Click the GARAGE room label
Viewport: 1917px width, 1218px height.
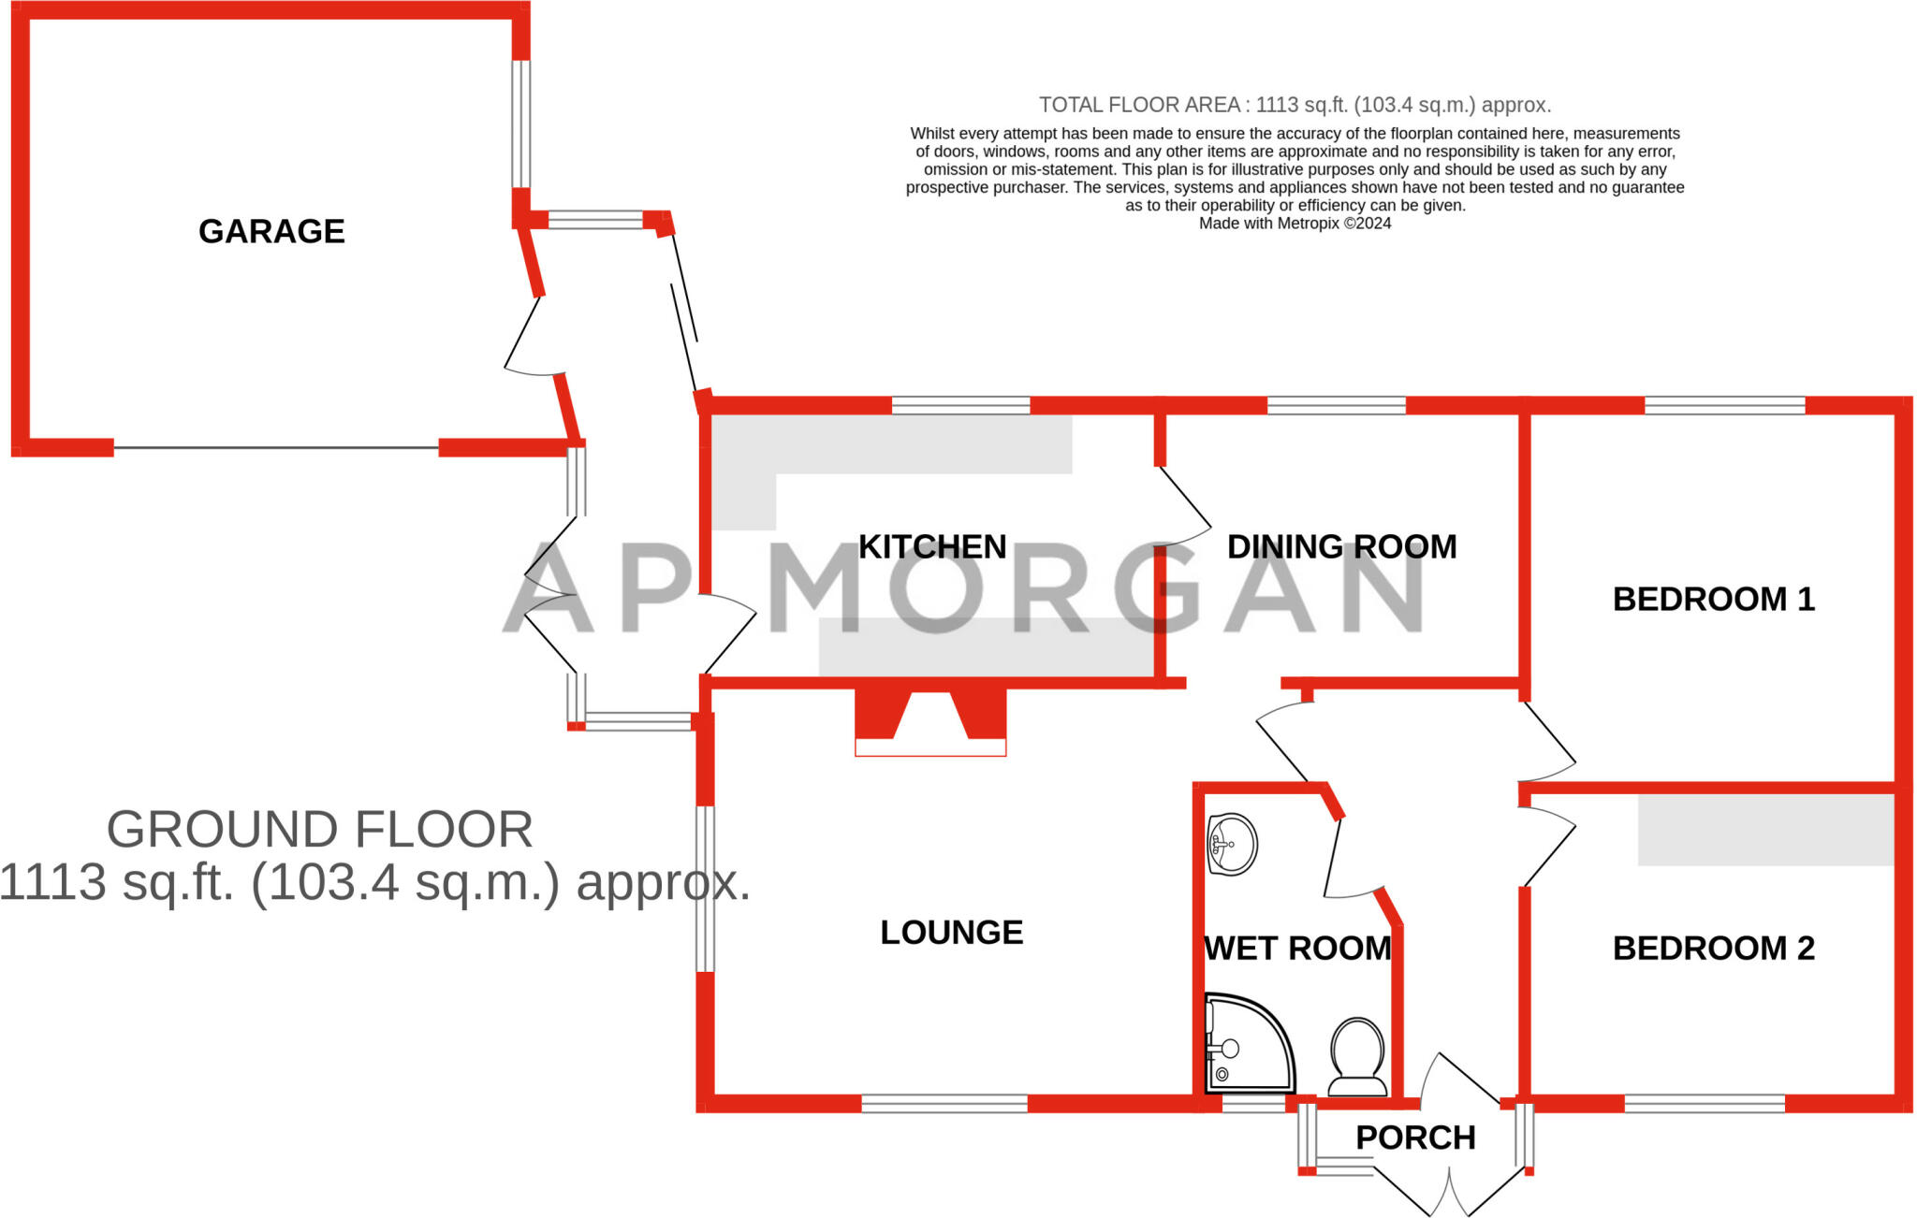(x=271, y=231)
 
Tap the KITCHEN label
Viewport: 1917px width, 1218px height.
(x=932, y=546)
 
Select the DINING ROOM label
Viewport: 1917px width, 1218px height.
(x=1341, y=546)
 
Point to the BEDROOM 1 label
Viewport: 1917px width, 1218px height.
(x=1713, y=599)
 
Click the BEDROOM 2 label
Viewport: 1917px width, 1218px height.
(x=1713, y=948)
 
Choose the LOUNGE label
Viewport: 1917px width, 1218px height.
(x=951, y=932)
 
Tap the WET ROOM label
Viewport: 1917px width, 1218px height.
(x=1297, y=948)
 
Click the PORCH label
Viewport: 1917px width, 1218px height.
(x=1415, y=1138)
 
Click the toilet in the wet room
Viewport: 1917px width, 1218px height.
(x=1357, y=1057)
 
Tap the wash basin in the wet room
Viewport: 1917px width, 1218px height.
(x=1231, y=844)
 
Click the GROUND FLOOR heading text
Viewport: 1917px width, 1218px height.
(x=319, y=829)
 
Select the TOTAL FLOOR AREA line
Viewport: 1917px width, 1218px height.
(x=1295, y=105)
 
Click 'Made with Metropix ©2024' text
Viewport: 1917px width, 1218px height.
(x=1295, y=224)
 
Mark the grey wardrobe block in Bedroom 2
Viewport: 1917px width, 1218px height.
(x=1765, y=830)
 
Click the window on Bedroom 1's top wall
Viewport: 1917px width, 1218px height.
(x=1724, y=405)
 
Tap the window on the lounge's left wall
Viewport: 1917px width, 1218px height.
(x=705, y=889)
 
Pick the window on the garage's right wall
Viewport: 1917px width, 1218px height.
(x=521, y=123)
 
